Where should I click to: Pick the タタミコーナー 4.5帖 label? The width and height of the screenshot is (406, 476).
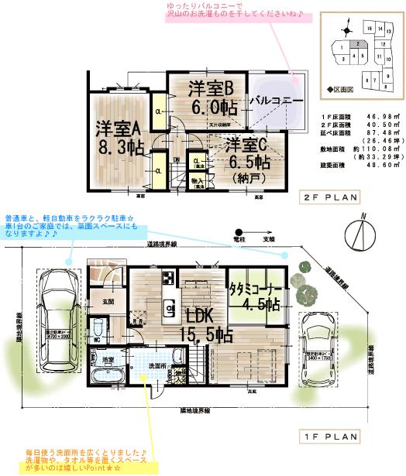[x=254, y=296]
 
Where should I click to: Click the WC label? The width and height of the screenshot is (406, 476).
[x=96, y=339]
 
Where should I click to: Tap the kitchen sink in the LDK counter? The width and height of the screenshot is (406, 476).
[x=168, y=309]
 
